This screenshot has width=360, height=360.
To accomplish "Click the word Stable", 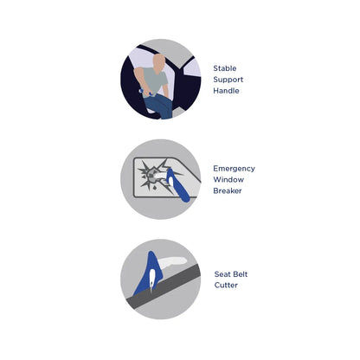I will [x=224, y=68].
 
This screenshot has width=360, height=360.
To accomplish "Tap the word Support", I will [x=227, y=80].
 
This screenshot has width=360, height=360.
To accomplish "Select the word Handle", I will [x=226, y=91].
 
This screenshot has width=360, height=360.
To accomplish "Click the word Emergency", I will [x=234, y=169].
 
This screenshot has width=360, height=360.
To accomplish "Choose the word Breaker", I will [x=228, y=191].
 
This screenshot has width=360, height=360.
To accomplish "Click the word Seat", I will [x=222, y=274].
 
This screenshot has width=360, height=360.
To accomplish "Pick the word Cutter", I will [x=226, y=286].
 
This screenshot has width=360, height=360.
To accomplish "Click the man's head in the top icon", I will [x=159, y=62].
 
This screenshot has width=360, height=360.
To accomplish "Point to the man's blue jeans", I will [x=161, y=105].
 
